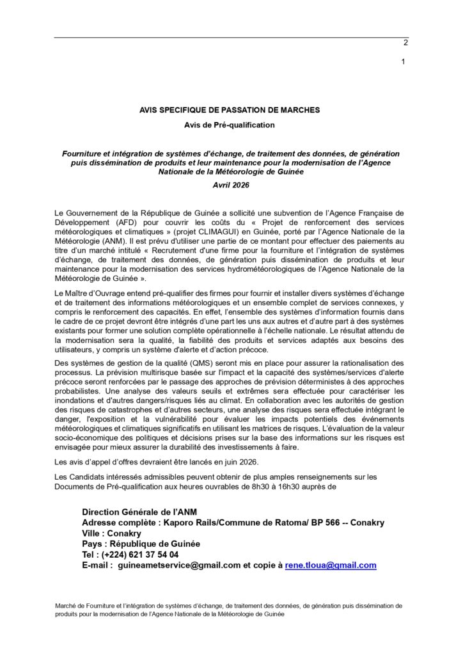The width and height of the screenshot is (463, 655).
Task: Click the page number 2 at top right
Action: (405, 44)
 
